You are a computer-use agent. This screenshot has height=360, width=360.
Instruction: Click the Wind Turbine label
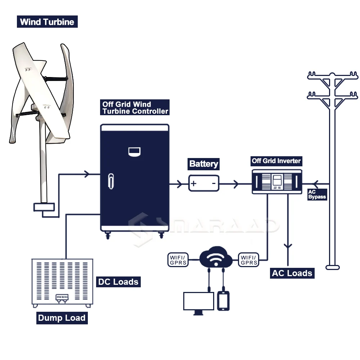click(47, 22)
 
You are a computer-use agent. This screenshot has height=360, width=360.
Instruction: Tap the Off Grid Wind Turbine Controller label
click(135, 108)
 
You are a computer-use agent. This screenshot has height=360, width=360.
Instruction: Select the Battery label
click(203, 164)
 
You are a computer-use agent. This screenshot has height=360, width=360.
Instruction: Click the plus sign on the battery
click(194, 184)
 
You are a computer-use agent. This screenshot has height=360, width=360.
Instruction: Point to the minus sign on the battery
click(213, 184)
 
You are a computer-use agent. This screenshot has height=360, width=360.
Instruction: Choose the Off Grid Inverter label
click(276, 161)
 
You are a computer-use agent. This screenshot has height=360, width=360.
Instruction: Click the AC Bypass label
click(317, 194)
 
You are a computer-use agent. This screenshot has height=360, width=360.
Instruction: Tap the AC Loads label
click(292, 273)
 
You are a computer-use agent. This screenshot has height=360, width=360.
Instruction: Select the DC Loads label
click(118, 282)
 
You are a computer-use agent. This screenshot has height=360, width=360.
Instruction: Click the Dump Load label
click(62, 318)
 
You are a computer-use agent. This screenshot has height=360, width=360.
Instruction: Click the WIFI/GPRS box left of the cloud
click(178, 260)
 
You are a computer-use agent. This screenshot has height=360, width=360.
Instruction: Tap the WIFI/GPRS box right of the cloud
click(249, 260)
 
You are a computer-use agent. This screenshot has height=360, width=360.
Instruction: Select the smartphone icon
click(223, 301)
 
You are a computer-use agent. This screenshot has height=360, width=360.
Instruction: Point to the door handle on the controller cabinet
click(111, 181)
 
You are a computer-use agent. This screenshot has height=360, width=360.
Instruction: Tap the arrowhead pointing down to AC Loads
click(287, 247)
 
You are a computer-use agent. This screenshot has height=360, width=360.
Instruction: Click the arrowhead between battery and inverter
click(236, 184)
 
